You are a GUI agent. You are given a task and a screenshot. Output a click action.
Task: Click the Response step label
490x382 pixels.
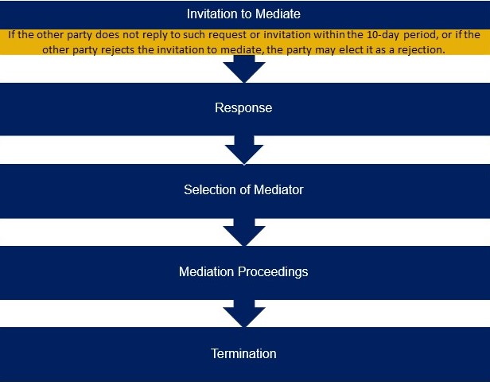pos(243,108)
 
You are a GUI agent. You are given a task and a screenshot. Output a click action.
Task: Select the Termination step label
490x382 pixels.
pos(243,353)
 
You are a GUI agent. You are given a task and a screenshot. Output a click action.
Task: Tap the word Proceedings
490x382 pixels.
pos(273,272)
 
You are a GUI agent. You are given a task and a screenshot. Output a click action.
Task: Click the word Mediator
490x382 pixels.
pos(278,189)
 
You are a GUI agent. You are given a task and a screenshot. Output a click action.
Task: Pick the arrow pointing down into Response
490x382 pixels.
pos(244,68)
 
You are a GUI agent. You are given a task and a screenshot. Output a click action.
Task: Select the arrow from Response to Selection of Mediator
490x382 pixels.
pos(244,150)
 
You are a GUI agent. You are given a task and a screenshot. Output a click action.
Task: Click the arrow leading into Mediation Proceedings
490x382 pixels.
pos(244,232)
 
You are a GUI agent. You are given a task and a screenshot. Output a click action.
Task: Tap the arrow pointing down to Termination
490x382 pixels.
pos(244,314)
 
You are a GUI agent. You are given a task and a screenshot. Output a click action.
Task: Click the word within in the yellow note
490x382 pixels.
pos(329,34)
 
